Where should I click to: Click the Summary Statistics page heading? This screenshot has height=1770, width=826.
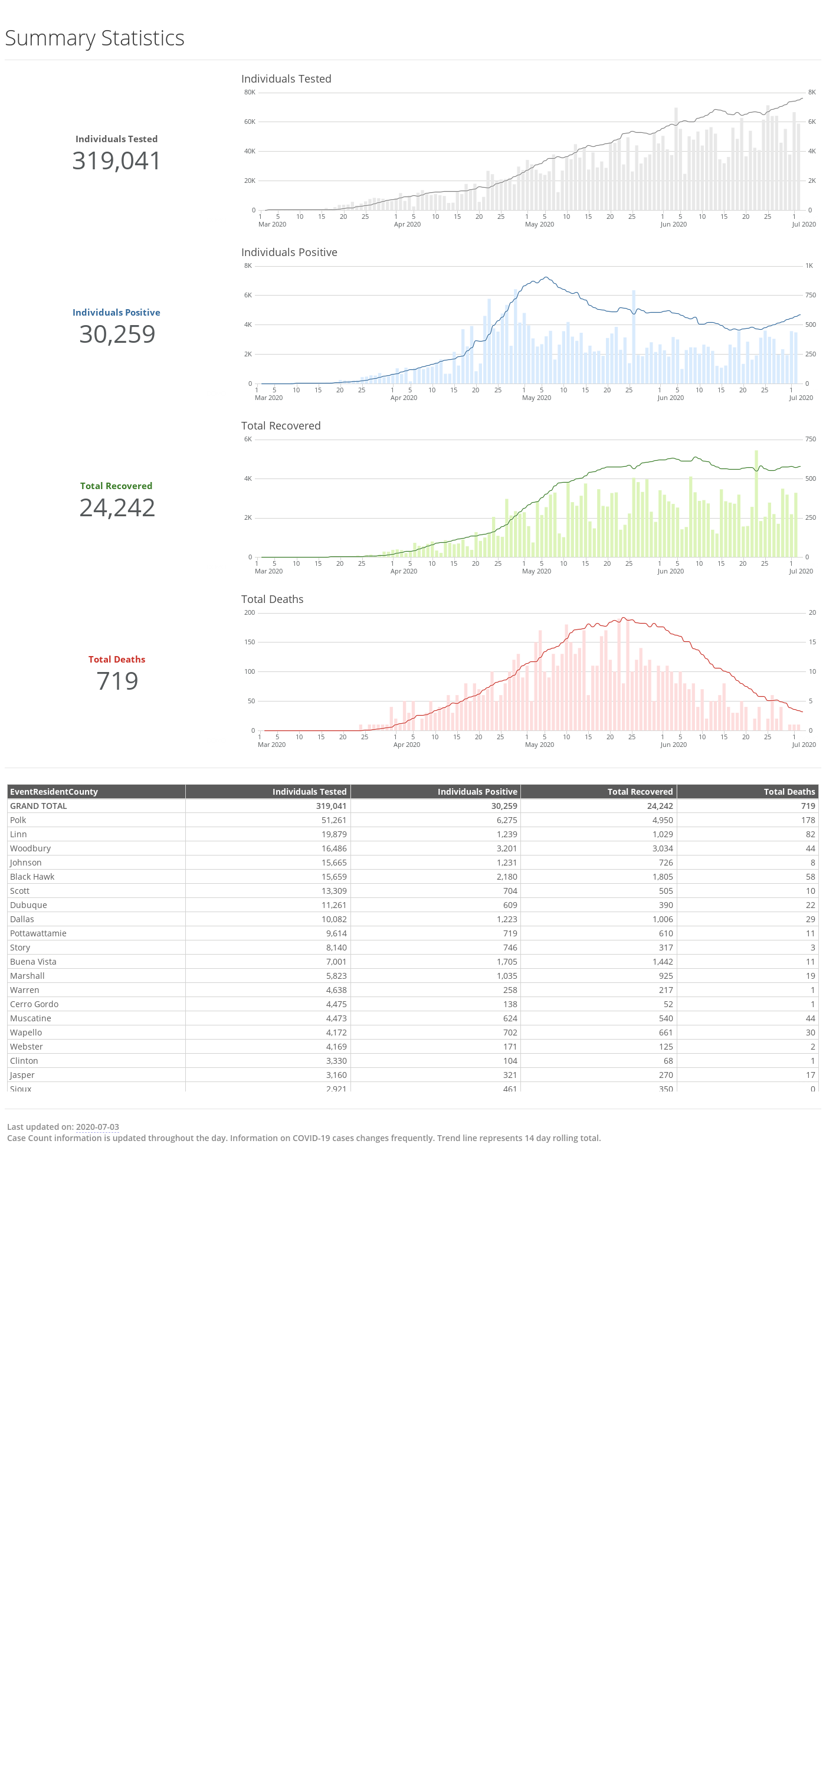click(x=95, y=38)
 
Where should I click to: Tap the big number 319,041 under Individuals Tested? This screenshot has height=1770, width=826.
click(x=117, y=161)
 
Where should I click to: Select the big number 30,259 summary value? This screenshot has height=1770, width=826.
click(x=117, y=335)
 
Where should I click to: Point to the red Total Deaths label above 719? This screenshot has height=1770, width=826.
click(x=117, y=660)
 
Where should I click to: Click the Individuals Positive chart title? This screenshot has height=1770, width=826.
click(x=289, y=252)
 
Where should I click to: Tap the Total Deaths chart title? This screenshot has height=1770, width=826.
click(x=272, y=599)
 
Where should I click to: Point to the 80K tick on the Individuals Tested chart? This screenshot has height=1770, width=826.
click(x=250, y=92)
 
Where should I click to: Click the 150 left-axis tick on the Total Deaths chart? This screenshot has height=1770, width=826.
click(x=250, y=642)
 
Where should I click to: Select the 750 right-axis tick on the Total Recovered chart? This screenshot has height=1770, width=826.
click(x=811, y=439)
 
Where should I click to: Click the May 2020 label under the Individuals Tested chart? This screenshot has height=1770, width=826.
click(x=539, y=225)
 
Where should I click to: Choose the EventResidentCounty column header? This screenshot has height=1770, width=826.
click(x=54, y=792)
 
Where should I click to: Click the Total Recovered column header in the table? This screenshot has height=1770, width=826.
click(x=640, y=792)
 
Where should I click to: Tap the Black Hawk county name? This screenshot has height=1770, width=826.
click(x=32, y=877)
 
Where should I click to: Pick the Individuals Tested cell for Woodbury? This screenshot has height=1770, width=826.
click(x=334, y=848)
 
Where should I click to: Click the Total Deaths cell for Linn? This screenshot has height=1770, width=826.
click(x=810, y=834)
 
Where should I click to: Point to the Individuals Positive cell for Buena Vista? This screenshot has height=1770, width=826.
click(x=504, y=962)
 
